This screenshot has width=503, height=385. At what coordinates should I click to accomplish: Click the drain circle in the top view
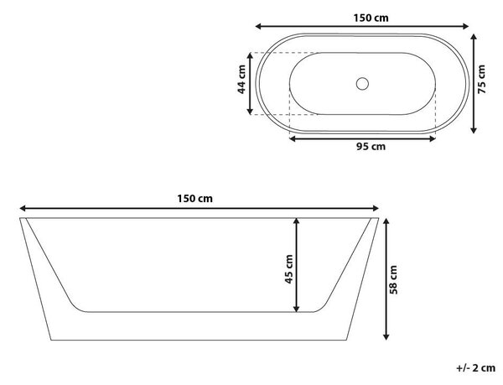tap(362, 84)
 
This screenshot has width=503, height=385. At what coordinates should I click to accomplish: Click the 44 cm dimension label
tap(241, 79)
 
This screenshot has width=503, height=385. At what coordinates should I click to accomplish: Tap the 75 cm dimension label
tap(482, 79)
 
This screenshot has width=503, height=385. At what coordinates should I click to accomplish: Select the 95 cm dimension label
tap(371, 147)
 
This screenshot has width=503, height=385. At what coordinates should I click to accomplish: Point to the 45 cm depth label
tap(288, 269)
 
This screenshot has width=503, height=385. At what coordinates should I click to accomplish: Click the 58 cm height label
tap(393, 280)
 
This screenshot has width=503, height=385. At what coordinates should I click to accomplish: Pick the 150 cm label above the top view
tap(371, 18)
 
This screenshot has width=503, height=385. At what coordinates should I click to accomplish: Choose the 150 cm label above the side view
tap(194, 199)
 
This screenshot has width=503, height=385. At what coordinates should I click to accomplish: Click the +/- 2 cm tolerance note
tap(475, 368)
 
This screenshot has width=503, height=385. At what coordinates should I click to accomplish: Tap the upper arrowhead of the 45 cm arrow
tap(297, 221)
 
